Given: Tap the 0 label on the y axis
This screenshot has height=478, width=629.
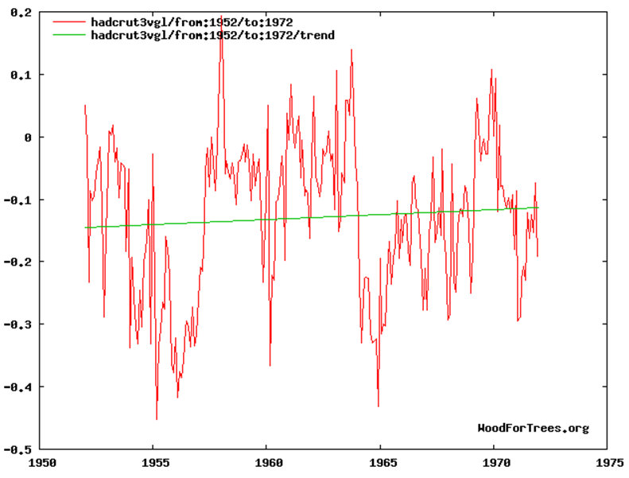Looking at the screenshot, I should coord(28,137).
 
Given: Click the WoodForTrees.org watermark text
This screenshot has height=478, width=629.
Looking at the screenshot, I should coord(533,428).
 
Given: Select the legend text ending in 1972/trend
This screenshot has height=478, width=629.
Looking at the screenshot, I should coord(212,35).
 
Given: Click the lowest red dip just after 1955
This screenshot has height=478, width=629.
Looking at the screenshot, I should coord(157,418).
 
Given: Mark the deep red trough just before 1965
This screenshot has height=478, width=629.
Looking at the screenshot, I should coord(378,406).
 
